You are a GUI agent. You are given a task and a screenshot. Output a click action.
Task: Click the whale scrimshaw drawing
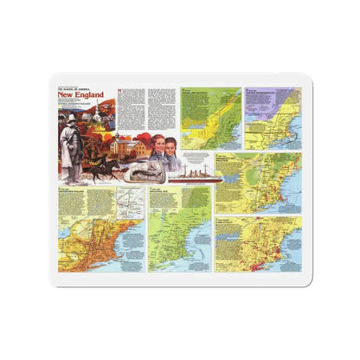coord(139,171)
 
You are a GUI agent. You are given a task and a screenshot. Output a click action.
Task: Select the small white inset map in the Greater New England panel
coord(127,203)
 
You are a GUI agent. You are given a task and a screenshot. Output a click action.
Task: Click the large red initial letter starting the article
coord(120,94)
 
